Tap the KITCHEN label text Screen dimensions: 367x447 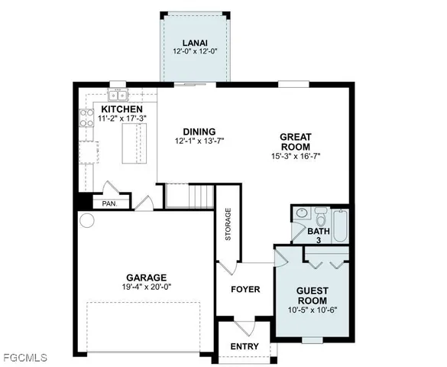121,110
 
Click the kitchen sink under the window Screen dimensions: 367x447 118,95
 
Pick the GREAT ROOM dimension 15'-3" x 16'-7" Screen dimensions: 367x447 295,157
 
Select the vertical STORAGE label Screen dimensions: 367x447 228,225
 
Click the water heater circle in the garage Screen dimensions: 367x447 86,221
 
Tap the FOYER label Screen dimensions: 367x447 245,290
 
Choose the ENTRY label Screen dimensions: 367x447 245,346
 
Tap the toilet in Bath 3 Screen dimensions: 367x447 320,213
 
